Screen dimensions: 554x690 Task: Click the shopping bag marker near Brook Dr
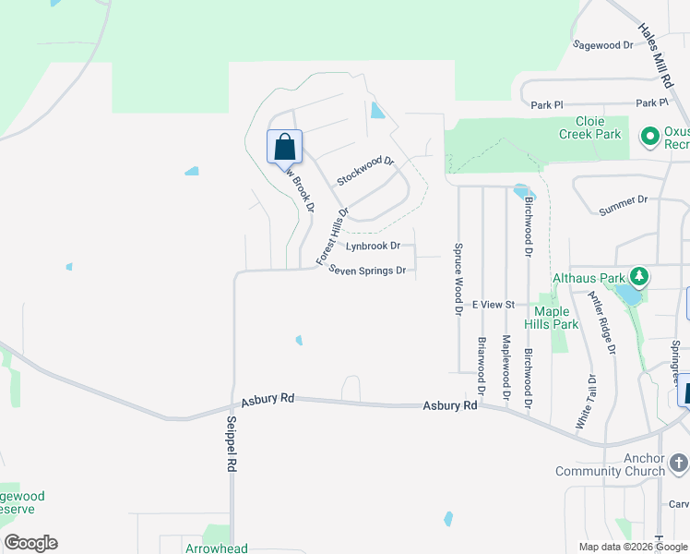284,147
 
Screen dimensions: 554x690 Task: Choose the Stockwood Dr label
365,171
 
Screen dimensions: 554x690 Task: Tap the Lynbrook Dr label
373,247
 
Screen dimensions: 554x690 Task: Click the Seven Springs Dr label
368,271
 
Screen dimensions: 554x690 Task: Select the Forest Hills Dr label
333,236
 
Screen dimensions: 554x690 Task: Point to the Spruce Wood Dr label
457,280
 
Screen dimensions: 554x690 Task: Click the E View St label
498,304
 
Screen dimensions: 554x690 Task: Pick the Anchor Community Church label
610,464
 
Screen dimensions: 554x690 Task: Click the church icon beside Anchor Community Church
678,462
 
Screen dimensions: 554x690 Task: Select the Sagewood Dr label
602,44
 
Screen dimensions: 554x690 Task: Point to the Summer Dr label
624,199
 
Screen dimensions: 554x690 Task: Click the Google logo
30,543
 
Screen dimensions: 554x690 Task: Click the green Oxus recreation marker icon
649,137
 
